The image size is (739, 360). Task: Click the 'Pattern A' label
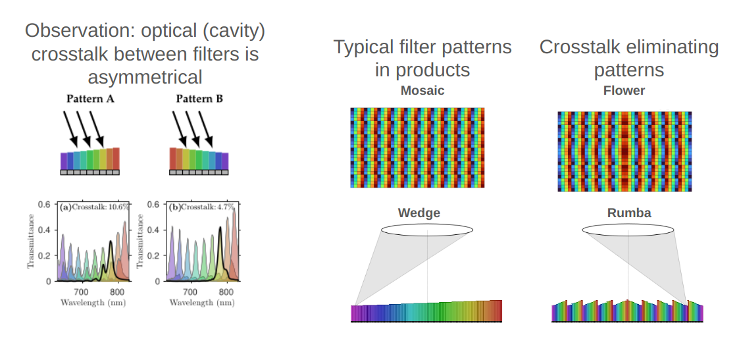pyautogui.click(x=91, y=99)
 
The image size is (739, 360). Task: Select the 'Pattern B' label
pyautogui.click(x=199, y=99)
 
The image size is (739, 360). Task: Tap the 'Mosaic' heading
pyautogui.click(x=422, y=90)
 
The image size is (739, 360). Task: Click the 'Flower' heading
pyautogui.click(x=624, y=90)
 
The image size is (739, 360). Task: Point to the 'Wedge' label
pyautogui.click(x=419, y=213)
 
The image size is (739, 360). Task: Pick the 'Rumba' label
pyautogui.click(x=629, y=213)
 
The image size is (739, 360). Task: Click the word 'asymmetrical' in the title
pyautogui.click(x=145, y=77)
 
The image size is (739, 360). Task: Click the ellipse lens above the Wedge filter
pyautogui.click(x=427, y=230)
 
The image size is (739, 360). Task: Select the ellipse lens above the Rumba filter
pyautogui.click(x=628, y=230)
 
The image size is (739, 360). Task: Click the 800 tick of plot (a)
pyautogui.click(x=117, y=292)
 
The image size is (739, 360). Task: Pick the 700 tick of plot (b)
pyautogui.click(x=190, y=292)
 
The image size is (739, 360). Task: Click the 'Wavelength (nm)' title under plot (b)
pyautogui.click(x=202, y=303)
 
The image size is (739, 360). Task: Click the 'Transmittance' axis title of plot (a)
pyautogui.click(x=31, y=242)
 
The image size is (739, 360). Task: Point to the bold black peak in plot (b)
pyautogui.click(x=220, y=228)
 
